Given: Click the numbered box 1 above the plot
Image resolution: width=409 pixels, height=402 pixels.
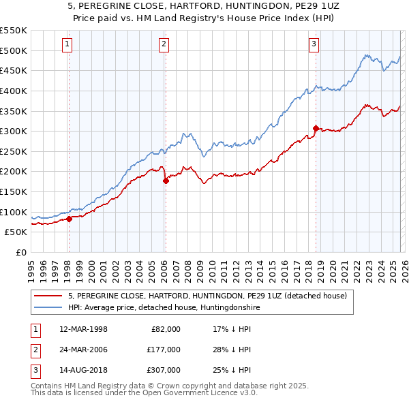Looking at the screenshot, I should point(68,45).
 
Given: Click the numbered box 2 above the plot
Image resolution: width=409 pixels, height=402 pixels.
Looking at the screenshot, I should point(165,45).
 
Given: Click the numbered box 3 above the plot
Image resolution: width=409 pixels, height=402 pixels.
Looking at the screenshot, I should point(314,45).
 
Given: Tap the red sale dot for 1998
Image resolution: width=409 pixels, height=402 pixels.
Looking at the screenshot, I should point(69,219).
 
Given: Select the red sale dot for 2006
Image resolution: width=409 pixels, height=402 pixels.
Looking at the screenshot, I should point(166,181).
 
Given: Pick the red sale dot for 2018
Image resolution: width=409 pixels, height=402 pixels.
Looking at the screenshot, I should point(315,128).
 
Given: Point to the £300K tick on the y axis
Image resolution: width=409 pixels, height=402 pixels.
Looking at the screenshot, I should point(14,131).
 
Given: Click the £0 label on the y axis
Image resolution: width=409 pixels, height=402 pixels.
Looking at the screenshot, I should point(20,252).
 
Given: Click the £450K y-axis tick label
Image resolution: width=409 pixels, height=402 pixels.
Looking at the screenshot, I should point(14,70).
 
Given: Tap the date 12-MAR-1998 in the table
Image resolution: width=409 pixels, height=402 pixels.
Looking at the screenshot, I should point(83,329).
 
